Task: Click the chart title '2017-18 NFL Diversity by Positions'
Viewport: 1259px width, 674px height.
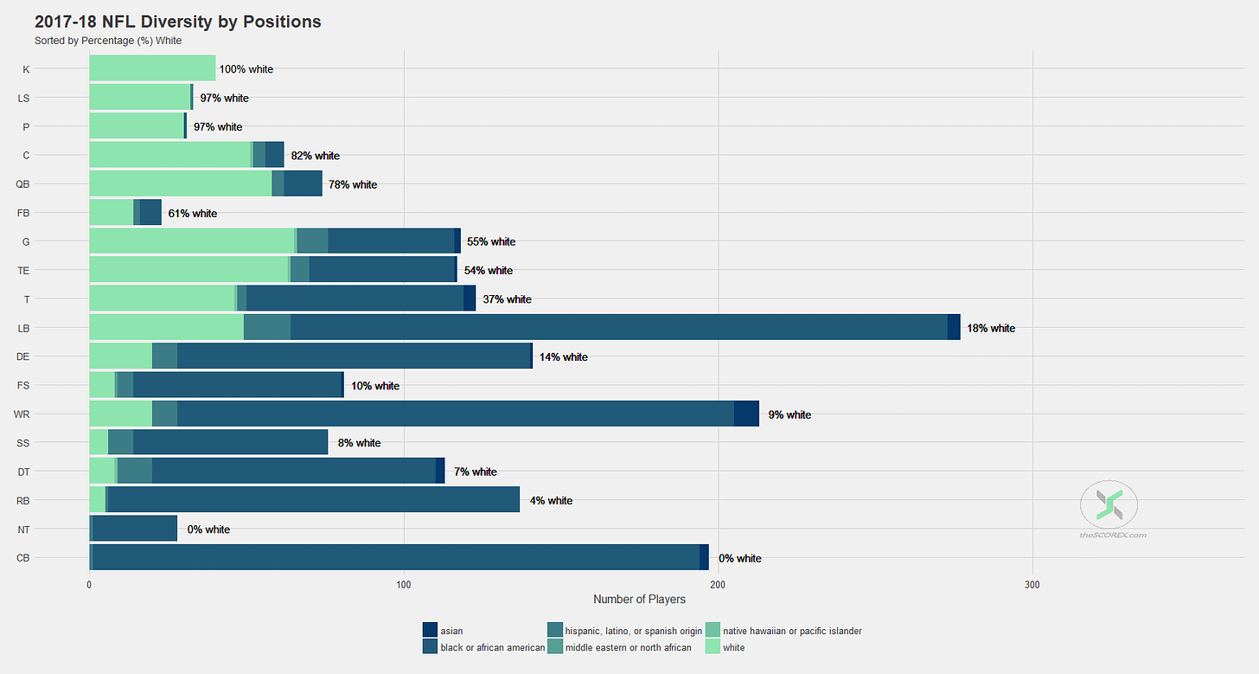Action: point(177,22)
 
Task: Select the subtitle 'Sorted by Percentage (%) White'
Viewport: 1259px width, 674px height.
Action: point(108,41)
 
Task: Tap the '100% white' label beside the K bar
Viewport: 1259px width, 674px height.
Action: point(246,69)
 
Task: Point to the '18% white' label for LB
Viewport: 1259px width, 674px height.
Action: point(991,328)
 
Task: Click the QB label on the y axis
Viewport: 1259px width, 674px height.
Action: point(23,184)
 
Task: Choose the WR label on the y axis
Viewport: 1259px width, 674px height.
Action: point(22,414)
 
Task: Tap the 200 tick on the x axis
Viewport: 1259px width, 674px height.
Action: point(718,585)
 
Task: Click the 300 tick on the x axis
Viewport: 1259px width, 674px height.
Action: point(1032,585)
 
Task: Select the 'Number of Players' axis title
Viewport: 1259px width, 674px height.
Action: point(639,600)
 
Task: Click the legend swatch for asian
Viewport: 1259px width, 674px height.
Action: point(430,631)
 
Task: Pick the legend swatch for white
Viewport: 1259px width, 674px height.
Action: point(713,647)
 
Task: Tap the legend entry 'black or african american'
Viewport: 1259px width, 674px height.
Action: point(492,647)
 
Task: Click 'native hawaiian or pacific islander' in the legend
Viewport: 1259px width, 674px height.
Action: point(792,631)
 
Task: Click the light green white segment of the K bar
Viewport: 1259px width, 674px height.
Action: point(152,68)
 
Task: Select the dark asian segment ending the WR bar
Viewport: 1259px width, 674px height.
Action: point(746,414)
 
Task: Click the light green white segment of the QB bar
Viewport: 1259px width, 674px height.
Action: point(180,183)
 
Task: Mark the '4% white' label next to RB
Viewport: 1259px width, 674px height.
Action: point(551,500)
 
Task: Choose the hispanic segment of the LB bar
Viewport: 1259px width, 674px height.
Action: point(267,327)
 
